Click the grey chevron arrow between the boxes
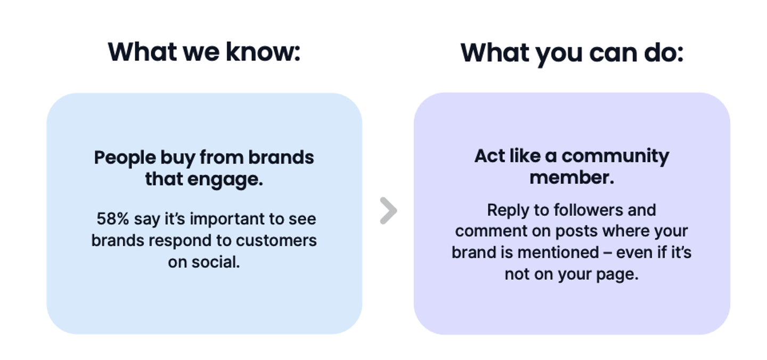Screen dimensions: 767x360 (x=389, y=211)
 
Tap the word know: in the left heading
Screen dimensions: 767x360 (x=263, y=52)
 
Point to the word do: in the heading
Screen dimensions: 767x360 (x=664, y=53)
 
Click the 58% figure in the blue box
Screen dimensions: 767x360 (x=113, y=219)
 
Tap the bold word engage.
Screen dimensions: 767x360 (x=225, y=179)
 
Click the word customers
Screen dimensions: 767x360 (x=276, y=241)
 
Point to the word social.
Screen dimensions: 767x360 (x=215, y=262)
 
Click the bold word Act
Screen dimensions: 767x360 (x=489, y=156)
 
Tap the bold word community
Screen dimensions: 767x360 (x=615, y=157)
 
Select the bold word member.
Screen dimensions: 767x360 (x=572, y=178)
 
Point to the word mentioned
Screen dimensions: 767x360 (x=558, y=252)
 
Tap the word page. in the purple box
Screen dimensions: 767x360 (x=617, y=275)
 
